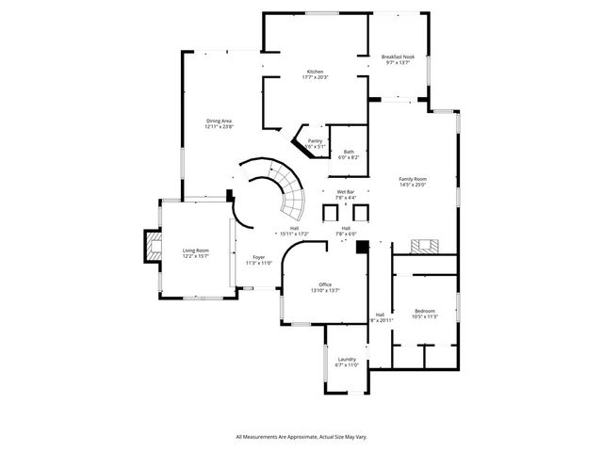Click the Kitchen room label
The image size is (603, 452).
pyautogui.click(x=315, y=72)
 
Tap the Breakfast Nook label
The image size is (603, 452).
pyautogui.click(x=398, y=57)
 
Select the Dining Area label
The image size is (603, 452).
pyautogui.click(x=220, y=121)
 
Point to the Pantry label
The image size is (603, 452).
pyautogui.click(x=315, y=141)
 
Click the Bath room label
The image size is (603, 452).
pyautogui.click(x=349, y=152)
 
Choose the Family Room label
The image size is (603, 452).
pyautogui.click(x=413, y=179)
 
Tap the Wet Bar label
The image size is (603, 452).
pyautogui.click(x=346, y=192)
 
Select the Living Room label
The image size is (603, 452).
pyautogui.click(x=195, y=250)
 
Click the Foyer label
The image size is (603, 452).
pyautogui.click(x=257, y=257)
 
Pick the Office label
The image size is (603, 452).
pyautogui.click(x=324, y=284)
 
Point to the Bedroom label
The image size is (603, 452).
pyautogui.click(x=425, y=311)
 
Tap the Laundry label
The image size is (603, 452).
pyautogui.click(x=346, y=358)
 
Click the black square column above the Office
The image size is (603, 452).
pyautogui.click(x=360, y=247)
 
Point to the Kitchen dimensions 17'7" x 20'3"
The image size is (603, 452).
pyautogui.click(x=315, y=77)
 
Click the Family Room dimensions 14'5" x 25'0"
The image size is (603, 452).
pyautogui.click(x=413, y=185)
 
